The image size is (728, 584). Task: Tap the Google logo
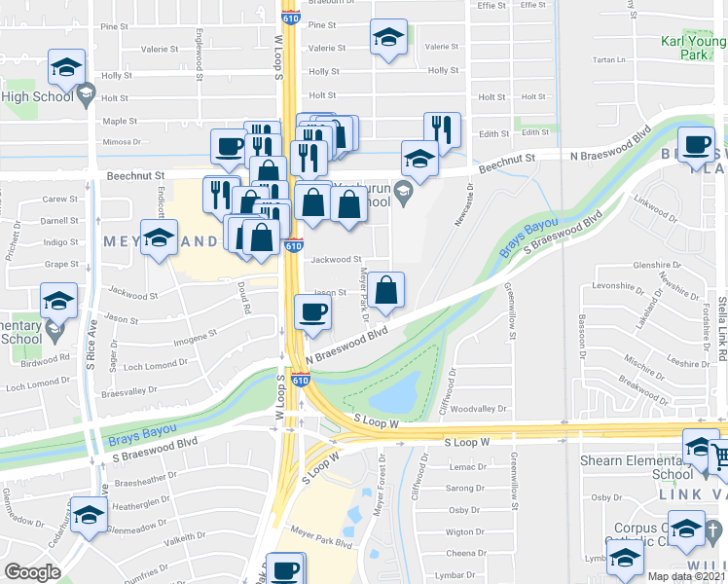[33, 572]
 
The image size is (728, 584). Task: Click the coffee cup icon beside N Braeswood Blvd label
[696, 144]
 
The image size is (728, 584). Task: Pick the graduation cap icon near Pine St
[387, 38]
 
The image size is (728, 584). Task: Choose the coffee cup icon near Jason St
[311, 311]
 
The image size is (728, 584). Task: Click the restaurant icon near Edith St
[442, 128]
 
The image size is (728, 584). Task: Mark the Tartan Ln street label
[608, 59]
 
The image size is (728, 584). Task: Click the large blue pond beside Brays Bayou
[402, 392]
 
